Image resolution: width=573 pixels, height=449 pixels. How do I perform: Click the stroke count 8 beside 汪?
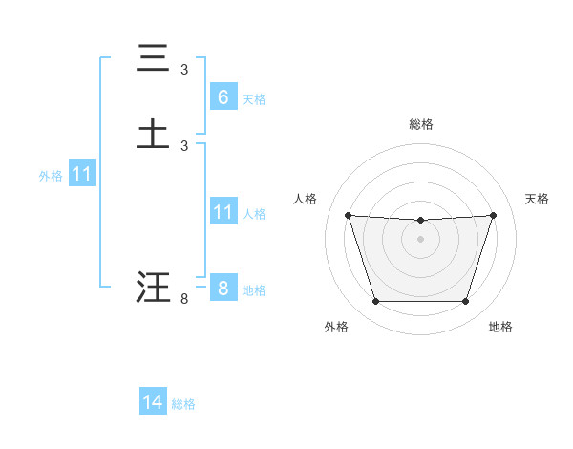pos(184,299)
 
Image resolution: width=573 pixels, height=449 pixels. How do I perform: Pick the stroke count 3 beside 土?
pos(184,145)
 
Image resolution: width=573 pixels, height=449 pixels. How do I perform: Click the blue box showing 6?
pos(223,96)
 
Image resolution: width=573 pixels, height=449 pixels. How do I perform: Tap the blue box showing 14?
pos(153,402)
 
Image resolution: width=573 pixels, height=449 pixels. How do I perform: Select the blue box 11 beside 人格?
pos(223,212)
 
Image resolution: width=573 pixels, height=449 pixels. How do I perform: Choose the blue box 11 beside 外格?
pos(82,175)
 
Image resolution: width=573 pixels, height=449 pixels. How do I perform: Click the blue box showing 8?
pos(223,289)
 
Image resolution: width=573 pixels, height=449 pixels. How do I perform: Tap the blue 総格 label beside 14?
pos(183,404)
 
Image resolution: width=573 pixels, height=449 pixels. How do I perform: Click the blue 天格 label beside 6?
pos(254,98)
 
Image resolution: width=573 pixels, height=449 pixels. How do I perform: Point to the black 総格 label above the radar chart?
pos(420,124)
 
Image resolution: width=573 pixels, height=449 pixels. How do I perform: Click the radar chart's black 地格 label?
pos(500,327)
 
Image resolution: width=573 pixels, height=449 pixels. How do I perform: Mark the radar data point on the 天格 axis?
pos(494,215)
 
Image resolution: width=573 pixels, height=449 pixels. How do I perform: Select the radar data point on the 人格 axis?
pos(348,215)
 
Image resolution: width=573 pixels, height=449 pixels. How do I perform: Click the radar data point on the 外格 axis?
pos(375,302)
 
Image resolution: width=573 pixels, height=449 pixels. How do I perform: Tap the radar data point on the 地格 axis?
pos(465,302)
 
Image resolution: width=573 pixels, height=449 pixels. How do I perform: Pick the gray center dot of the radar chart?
pos(420,239)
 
